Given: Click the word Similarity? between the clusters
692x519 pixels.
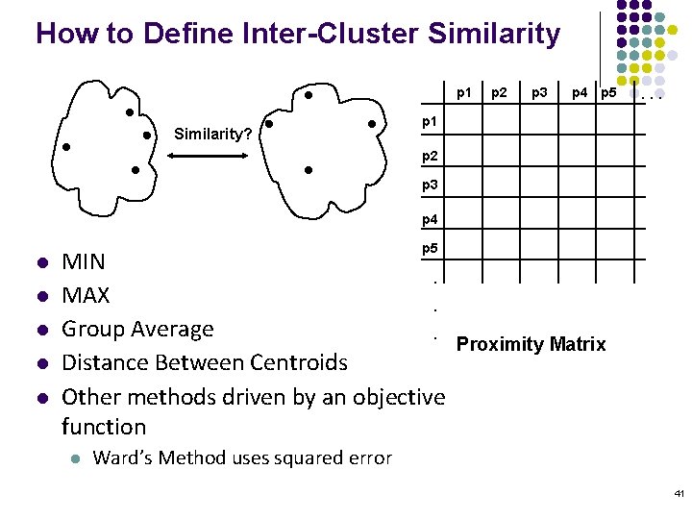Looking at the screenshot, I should coord(213,134).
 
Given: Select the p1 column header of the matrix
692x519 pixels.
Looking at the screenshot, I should coord(464,93).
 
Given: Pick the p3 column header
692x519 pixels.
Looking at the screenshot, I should coord(540,93).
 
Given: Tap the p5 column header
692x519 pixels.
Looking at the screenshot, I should coord(608,93).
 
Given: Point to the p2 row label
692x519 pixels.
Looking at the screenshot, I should coord(431,154).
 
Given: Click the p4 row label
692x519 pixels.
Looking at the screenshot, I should coord(431,220).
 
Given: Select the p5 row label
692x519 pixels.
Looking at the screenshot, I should coord(431,249).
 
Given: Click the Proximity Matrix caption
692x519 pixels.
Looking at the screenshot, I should coord(531,344).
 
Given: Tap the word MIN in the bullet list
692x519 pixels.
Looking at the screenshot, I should coord(84,261).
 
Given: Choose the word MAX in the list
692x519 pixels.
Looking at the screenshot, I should coord(86,295).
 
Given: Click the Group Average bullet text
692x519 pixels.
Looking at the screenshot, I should coord(137,330).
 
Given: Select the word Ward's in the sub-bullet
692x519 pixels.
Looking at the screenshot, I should coord(122,457).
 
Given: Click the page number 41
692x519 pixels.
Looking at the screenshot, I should coord(679,494).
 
